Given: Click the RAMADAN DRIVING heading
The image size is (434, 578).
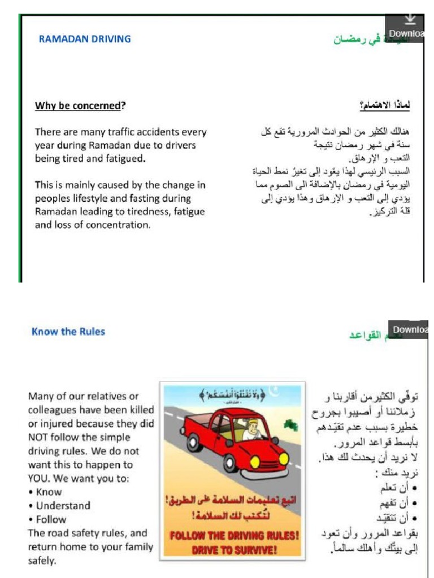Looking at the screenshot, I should pos(84,39).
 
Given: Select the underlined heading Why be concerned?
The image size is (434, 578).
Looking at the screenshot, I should pos(80,106).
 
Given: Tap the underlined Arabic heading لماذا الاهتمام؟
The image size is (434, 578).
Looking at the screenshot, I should pos(385,106).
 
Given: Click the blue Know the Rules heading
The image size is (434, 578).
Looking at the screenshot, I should pos(68,331).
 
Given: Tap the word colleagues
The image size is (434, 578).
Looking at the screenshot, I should pos(53,410).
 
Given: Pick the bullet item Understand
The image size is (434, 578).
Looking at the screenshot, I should pos(63,506).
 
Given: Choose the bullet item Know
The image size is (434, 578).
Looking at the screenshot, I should pos(49,492).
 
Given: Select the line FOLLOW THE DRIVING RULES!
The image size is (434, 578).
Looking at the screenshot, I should pos(233,536).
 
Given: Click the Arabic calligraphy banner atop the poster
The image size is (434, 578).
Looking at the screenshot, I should pos(233,393).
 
